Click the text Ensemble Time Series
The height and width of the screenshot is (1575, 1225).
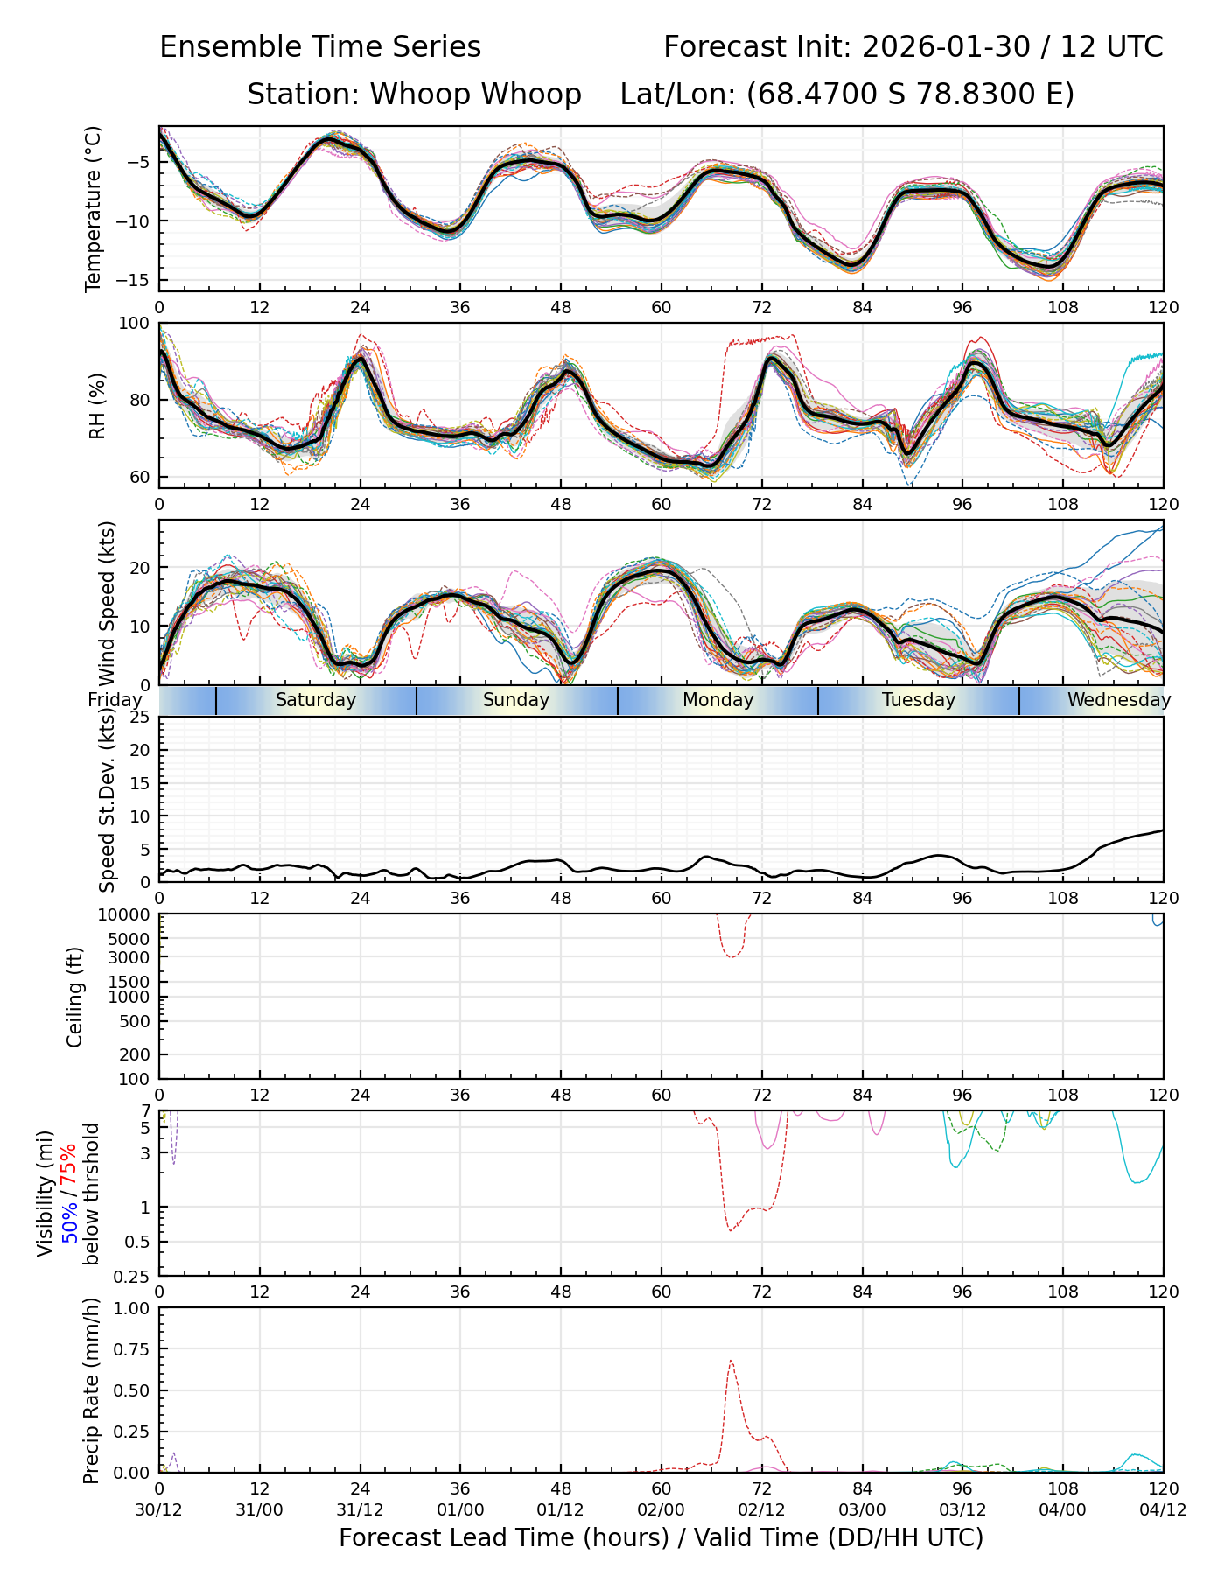(320, 47)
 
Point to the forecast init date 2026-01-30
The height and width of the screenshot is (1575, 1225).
(946, 47)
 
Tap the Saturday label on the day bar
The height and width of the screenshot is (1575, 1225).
(316, 700)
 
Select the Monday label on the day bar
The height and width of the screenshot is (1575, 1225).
(717, 700)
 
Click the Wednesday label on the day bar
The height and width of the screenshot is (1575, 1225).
(1118, 700)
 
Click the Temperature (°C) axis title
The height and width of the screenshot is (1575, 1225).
(94, 208)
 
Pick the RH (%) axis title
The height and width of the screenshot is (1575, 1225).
(97, 405)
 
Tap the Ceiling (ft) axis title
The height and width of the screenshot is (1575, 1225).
(76, 997)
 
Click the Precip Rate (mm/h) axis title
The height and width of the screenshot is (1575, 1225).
(92, 1390)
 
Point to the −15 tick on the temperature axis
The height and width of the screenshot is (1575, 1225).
(139, 280)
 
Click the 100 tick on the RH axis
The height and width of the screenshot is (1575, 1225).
(134, 324)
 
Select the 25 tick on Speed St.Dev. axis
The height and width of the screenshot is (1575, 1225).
(139, 717)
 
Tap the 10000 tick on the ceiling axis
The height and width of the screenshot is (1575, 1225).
(127, 915)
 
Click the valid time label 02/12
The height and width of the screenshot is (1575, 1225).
(761, 1510)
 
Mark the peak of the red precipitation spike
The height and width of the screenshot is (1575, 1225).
(730, 1361)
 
